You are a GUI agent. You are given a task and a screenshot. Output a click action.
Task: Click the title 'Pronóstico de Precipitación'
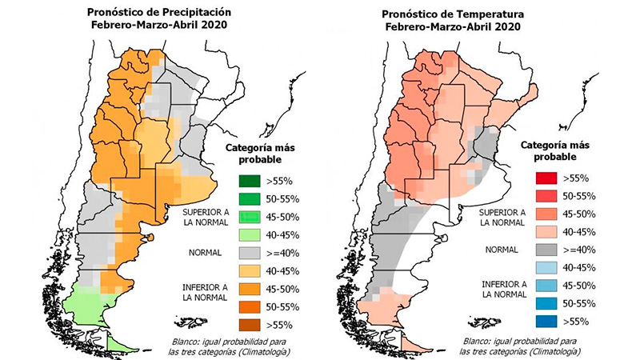pyautogui.click(x=159, y=12)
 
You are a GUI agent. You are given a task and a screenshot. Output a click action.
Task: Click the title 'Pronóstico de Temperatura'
pyautogui.click(x=453, y=14)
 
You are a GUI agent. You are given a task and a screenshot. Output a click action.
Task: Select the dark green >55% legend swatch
pyautogui.click(x=250, y=181)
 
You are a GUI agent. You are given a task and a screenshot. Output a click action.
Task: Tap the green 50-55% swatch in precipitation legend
pyautogui.click(x=250, y=198)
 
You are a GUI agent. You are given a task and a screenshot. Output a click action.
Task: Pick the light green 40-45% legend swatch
pyautogui.click(x=250, y=234)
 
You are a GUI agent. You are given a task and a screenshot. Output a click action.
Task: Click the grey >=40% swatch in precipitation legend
pyautogui.click(x=250, y=253)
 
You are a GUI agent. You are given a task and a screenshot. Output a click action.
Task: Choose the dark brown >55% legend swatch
pyautogui.click(x=250, y=325)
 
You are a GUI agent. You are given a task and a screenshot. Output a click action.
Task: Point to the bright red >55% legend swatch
pyautogui.click(x=546, y=178)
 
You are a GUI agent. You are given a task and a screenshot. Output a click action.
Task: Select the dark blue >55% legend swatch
pyautogui.click(x=546, y=322)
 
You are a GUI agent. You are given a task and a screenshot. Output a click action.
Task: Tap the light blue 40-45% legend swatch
pyautogui.click(x=546, y=267)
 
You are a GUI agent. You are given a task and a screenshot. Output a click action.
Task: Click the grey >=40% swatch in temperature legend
pyautogui.click(x=546, y=250)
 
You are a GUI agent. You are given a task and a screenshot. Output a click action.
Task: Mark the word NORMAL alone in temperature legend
pyautogui.click(x=502, y=250)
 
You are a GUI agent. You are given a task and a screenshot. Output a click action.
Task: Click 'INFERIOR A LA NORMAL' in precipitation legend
pyautogui.click(x=205, y=293)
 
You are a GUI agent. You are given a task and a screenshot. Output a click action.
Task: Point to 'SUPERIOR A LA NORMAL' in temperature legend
pyautogui.click(x=502, y=218)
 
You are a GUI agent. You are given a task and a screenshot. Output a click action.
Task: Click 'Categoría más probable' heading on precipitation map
pyautogui.click(x=261, y=154)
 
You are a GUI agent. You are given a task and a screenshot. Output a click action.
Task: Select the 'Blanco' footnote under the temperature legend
pyautogui.click(x=519, y=346)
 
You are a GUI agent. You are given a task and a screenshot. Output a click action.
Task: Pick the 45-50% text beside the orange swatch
pyautogui.click(x=282, y=289)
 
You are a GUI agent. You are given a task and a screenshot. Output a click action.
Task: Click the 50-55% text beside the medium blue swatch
pyautogui.click(x=579, y=304)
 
